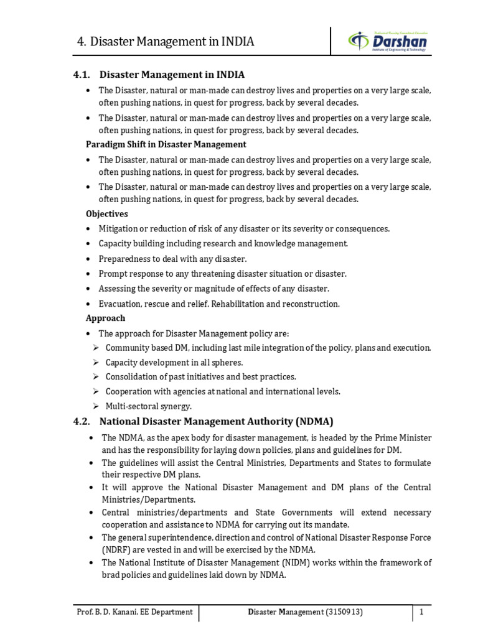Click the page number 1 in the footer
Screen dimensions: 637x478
(x=421, y=612)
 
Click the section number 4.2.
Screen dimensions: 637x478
(x=83, y=421)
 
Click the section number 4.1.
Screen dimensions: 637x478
(x=83, y=75)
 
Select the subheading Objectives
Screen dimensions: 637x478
(x=106, y=213)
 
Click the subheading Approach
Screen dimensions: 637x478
(x=105, y=318)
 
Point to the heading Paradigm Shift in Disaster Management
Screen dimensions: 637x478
(x=166, y=144)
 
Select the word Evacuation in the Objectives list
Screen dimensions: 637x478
(x=120, y=304)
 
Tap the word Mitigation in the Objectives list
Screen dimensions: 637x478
(x=119, y=229)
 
